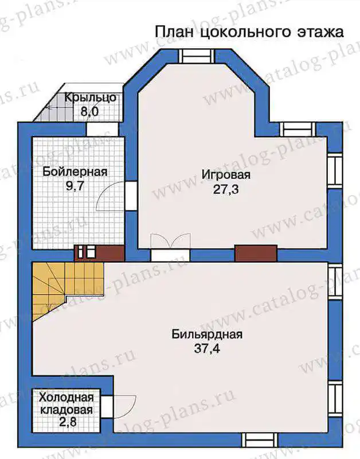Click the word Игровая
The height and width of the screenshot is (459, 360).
click(x=226, y=175)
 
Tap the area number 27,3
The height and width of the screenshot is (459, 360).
click(x=226, y=190)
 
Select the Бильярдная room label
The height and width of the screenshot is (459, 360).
click(x=207, y=334)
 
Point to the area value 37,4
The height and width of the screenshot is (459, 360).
click(x=207, y=349)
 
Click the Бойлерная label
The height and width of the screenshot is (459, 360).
click(x=75, y=172)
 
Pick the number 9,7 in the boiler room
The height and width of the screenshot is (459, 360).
click(x=75, y=186)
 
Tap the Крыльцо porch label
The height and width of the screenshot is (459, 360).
click(x=91, y=98)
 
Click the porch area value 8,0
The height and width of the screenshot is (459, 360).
click(x=91, y=112)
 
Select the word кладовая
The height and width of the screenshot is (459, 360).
click(x=66, y=410)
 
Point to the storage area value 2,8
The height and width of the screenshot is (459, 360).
click(x=67, y=422)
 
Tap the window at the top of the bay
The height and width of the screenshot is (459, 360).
click(x=195, y=56)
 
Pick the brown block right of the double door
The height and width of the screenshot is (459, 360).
click(x=256, y=253)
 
